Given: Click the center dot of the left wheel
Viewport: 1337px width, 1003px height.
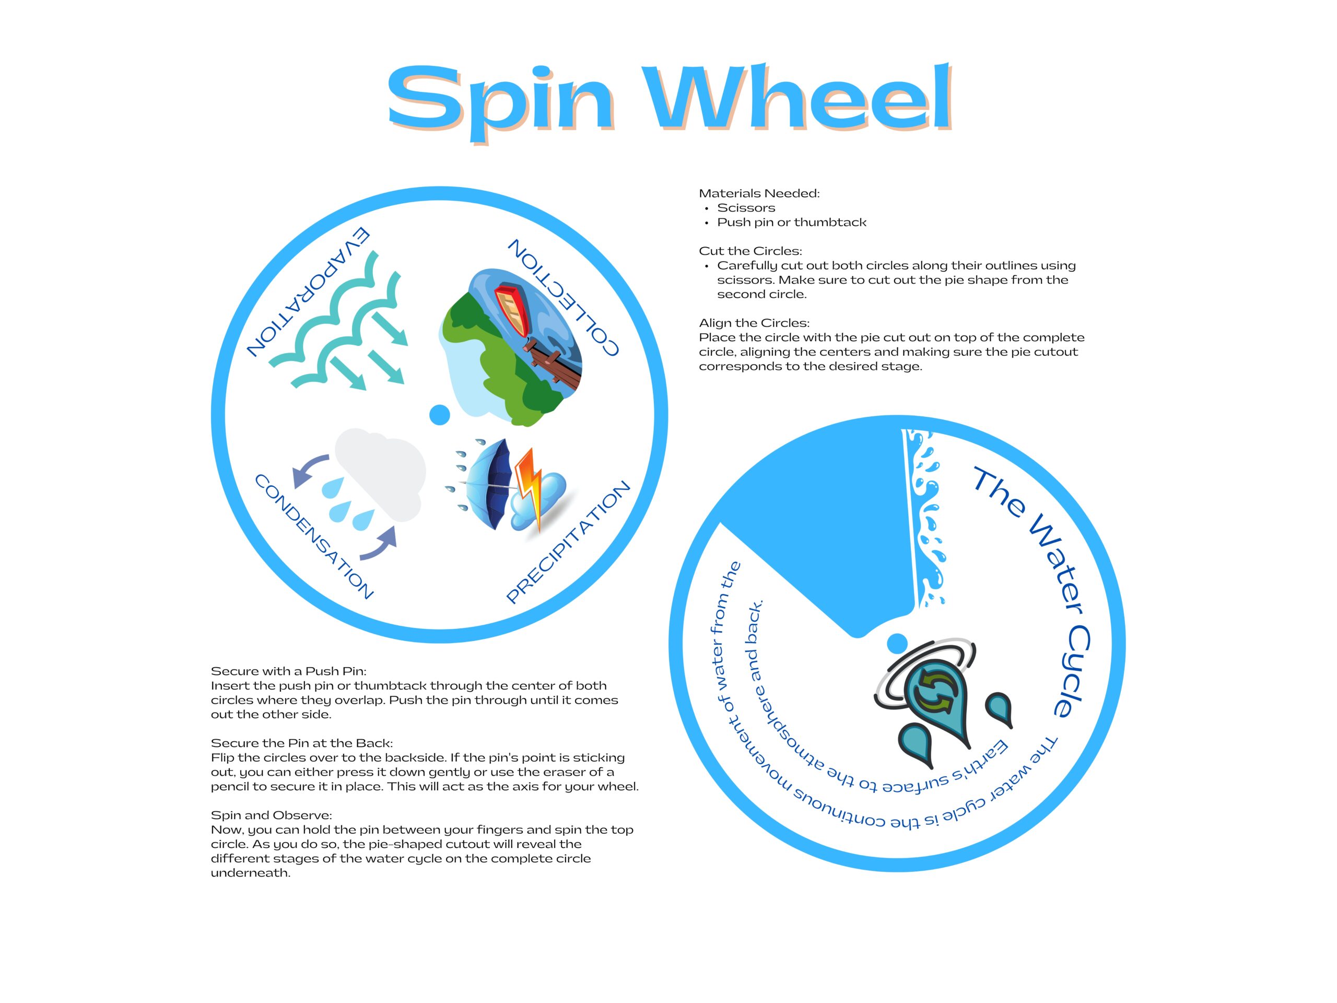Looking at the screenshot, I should coord(439,415).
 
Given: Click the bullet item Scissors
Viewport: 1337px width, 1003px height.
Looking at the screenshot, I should coord(746,208).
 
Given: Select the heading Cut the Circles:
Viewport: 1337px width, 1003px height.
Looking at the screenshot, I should coord(750,251).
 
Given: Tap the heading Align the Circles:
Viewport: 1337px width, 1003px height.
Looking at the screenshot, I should coord(754,323).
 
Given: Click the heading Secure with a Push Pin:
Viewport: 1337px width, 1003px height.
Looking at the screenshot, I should coord(288,671).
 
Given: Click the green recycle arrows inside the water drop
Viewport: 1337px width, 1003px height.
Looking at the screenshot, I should coord(935,693).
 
